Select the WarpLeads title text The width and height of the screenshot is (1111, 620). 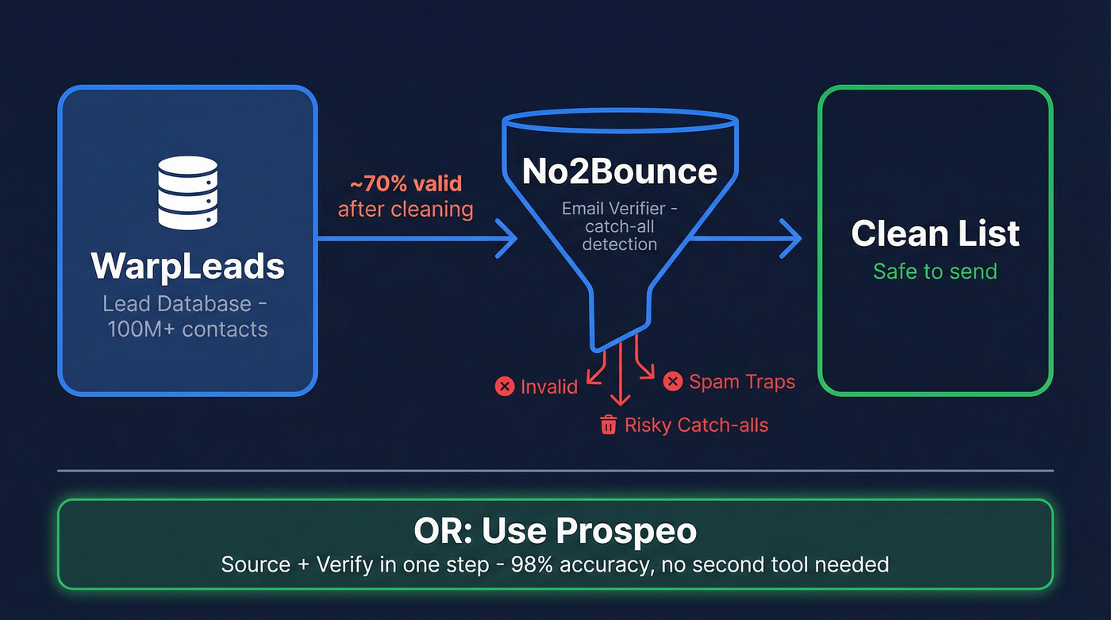click(x=187, y=266)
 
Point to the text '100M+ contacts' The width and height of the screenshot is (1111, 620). click(x=187, y=329)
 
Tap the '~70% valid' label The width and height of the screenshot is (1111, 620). click(x=406, y=184)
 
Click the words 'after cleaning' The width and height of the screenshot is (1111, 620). click(x=406, y=210)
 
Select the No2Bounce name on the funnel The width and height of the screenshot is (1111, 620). click(x=619, y=171)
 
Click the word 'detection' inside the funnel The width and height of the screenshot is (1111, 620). click(x=619, y=244)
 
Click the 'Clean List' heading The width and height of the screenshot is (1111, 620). click(x=935, y=233)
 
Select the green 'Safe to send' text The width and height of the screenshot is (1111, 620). click(x=935, y=271)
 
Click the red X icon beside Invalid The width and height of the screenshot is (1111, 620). click(x=504, y=387)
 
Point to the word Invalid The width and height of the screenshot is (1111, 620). click(x=549, y=387)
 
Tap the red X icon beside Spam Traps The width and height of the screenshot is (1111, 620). click(x=672, y=382)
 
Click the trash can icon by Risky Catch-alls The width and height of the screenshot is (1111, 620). click(x=609, y=425)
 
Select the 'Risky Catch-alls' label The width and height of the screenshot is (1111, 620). click(x=696, y=425)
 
